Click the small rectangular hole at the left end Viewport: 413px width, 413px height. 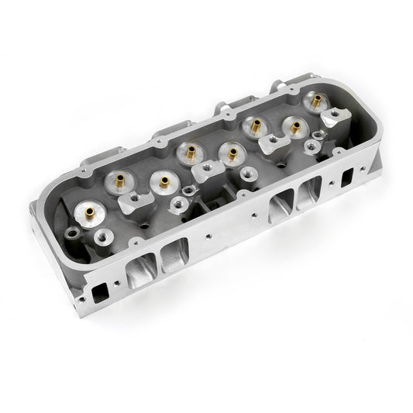point(98,292)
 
